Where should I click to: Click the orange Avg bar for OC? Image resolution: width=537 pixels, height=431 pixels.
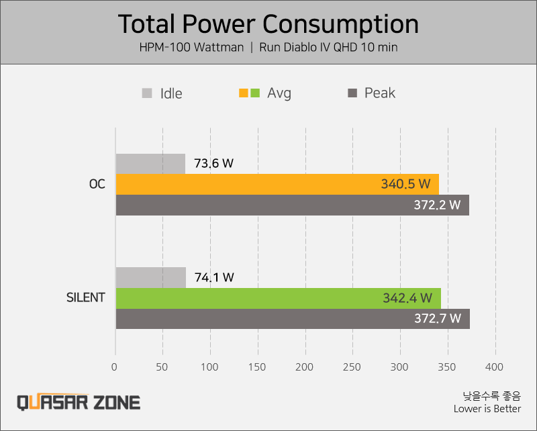pos(277,185)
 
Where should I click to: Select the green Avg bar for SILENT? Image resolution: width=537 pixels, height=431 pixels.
pos(279,298)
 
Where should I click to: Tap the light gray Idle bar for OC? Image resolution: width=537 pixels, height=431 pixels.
pos(150,164)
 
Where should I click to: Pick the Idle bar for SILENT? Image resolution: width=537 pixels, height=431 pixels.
pos(151,277)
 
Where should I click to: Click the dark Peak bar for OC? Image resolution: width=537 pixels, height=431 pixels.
pos(293,205)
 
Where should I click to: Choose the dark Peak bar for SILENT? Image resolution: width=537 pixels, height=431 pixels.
pos(293,319)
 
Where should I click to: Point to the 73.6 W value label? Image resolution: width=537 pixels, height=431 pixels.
pos(213,163)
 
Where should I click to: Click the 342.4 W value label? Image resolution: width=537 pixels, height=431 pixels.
pos(407,298)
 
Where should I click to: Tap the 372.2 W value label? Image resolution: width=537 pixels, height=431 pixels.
pos(437,205)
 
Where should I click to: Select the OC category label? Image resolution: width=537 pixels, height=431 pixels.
pos(97,185)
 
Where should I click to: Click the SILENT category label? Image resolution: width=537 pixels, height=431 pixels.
pos(86,297)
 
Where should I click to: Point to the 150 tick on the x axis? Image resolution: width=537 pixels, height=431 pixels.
pos(257,367)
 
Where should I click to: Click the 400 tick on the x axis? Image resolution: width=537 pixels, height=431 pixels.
pos(494,367)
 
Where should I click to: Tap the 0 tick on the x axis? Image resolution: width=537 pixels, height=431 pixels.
pos(114,367)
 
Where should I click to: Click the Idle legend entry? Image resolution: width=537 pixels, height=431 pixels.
pos(162,93)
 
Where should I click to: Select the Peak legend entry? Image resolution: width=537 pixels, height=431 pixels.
pos(372,93)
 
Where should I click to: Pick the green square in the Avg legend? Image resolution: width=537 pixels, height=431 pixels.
pos(255,93)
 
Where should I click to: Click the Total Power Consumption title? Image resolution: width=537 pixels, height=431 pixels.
pos(268,24)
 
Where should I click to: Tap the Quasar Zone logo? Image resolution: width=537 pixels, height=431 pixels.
pos(79,402)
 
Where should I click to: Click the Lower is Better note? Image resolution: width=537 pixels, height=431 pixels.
pos(487,409)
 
